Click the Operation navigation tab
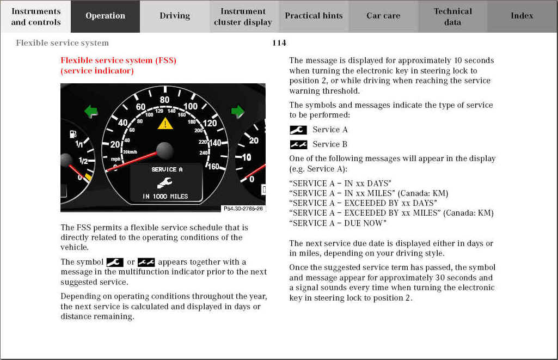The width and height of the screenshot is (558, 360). point(105,16)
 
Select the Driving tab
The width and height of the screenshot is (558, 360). point(175,16)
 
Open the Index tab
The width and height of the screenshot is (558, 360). point(522,16)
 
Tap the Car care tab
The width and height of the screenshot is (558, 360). point(383,16)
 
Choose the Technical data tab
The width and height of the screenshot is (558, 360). point(452,16)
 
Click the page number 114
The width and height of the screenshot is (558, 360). point(279,43)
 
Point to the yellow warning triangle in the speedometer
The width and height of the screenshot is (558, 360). point(165,124)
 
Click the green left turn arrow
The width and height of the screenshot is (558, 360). point(91,112)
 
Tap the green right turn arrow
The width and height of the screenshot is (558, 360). point(238,112)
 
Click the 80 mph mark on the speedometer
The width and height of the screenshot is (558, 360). point(164,100)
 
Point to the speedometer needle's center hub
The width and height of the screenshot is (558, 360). point(164,150)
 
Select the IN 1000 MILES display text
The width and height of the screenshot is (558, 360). point(165,196)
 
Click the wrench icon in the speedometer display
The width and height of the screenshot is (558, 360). point(164,182)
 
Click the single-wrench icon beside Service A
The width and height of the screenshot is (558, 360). point(298,130)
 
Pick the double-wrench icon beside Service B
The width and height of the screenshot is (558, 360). point(298,145)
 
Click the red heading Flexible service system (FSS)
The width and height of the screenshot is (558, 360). point(118,60)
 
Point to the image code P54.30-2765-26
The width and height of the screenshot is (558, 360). point(243,209)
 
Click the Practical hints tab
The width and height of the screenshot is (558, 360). point(314,16)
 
